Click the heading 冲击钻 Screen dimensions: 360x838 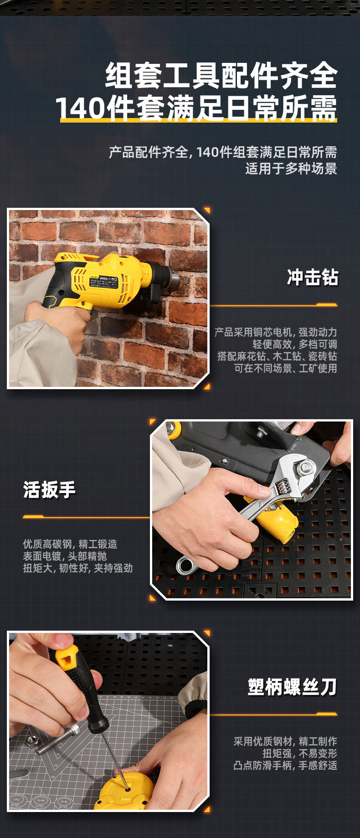click(x=313, y=277)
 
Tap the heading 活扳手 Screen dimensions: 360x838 click(x=49, y=490)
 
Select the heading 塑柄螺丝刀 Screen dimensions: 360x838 click(x=293, y=687)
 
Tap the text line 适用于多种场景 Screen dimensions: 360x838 click(x=291, y=169)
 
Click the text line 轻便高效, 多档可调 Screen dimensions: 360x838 click(x=295, y=344)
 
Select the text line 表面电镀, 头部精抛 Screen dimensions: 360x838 click(x=65, y=556)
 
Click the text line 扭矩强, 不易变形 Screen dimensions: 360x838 click(x=300, y=753)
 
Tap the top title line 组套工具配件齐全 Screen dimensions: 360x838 click(x=221, y=76)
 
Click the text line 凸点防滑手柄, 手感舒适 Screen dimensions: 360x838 click(x=285, y=766)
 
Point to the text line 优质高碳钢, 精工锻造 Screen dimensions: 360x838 click(x=70, y=544)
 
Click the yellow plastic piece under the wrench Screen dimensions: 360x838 click(x=276, y=522)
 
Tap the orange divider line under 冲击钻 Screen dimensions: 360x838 click(x=273, y=305)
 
